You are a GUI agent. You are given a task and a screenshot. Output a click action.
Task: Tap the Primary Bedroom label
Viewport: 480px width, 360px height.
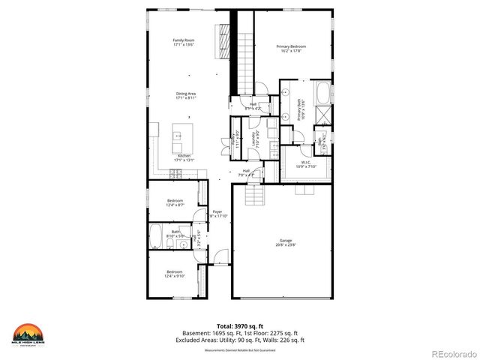click(292, 46)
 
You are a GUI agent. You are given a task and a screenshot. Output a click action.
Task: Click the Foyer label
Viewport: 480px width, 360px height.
click(217, 211)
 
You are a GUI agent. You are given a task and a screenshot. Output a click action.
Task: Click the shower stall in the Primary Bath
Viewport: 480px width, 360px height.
click(324, 114)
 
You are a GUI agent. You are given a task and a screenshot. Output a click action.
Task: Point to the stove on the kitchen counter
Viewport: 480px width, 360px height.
click(177, 173)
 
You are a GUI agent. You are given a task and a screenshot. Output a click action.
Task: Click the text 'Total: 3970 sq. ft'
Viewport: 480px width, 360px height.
click(240, 326)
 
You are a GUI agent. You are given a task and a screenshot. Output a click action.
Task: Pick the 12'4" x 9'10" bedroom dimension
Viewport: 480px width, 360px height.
click(175, 275)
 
